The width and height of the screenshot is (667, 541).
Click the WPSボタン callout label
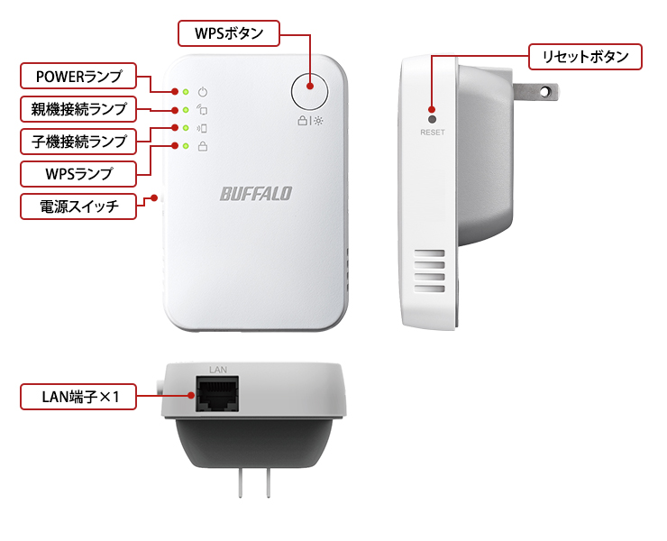(230, 34)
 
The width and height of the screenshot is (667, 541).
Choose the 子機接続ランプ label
(78, 141)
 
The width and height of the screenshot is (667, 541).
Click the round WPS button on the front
(309, 87)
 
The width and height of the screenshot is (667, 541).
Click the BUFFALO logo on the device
(256, 193)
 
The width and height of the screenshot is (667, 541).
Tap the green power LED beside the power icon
(185, 92)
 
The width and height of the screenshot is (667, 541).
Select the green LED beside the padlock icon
(185, 146)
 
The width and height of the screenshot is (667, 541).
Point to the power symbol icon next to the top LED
(203, 92)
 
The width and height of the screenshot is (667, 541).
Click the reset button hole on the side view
(433, 119)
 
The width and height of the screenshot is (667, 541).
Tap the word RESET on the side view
(433, 133)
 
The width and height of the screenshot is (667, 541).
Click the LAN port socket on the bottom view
(217, 397)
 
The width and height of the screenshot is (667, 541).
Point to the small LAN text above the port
(217, 370)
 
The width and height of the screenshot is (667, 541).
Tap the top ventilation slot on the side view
(430, 255)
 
